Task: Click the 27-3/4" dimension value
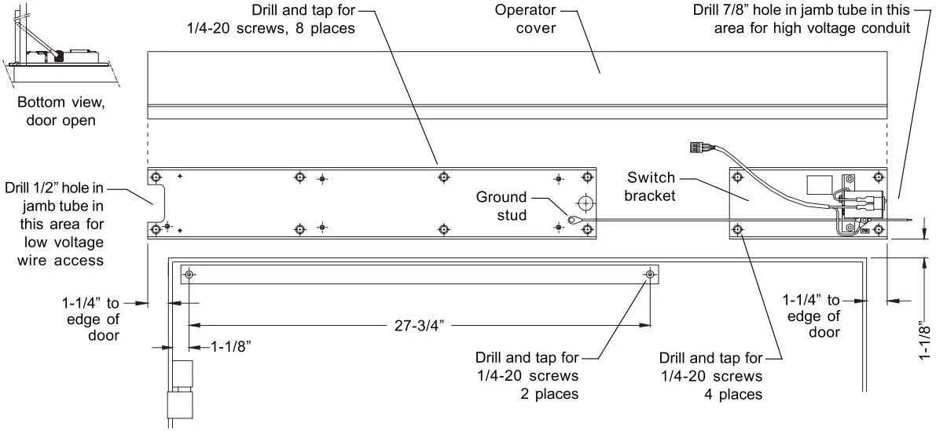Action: click(420, 323)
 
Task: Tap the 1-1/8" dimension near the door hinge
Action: click(231, 346)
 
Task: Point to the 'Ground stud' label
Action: click(501, 205)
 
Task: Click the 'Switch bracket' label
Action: click(651, 186)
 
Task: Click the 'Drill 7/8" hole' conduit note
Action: click(802, 20)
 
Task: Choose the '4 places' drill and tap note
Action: click(711, 374)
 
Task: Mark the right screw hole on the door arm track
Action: click(650, 274)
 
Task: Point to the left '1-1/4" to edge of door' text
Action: click(91, 318)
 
